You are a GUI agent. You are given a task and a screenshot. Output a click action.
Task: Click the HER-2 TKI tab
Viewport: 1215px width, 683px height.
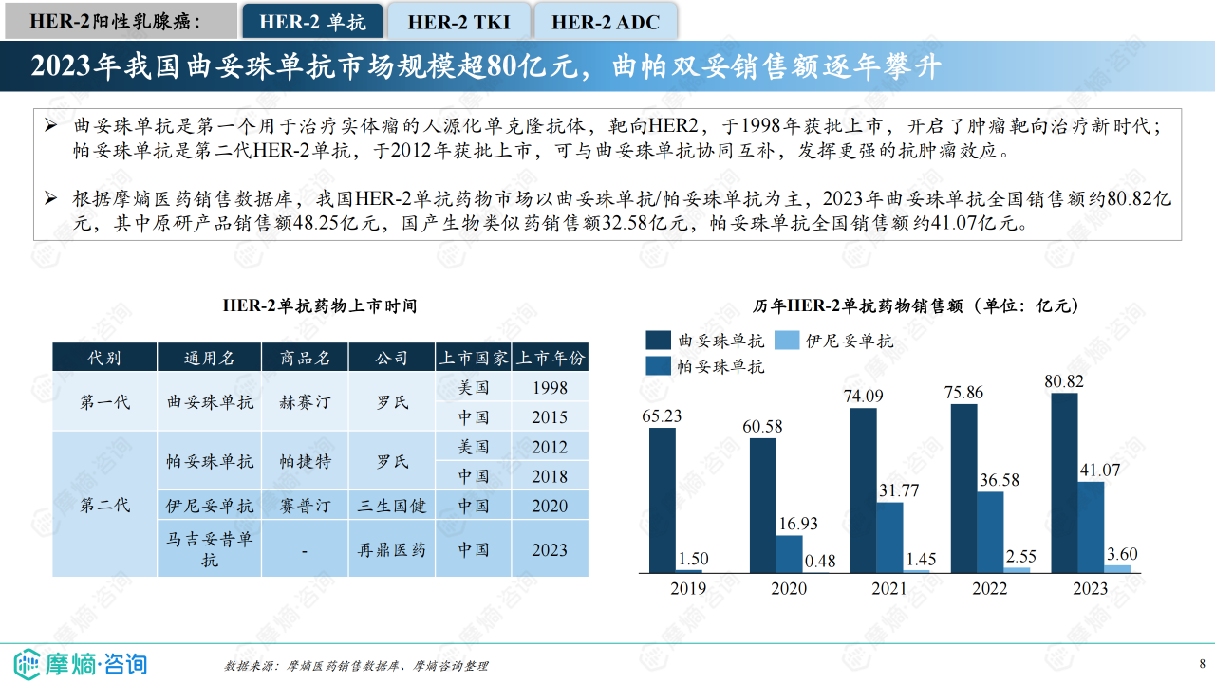[458, 21]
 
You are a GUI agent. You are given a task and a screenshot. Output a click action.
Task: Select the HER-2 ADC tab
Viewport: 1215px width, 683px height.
[606, 21]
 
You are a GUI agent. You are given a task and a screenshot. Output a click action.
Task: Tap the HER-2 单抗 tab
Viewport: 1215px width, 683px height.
[313, 21]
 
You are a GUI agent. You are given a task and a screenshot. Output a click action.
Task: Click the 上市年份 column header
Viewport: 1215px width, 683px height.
[551, 358]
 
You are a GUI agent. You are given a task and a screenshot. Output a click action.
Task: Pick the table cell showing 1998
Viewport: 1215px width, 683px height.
[551, 387]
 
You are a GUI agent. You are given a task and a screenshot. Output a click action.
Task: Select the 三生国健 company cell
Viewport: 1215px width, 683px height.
[392, 506]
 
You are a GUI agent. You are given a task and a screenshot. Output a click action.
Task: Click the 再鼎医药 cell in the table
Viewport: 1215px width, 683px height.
[392, 549]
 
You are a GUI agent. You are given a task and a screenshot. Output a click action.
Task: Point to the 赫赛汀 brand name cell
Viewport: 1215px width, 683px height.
[305, 402]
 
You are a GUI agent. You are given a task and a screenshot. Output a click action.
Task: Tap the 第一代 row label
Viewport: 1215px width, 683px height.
[104, 402]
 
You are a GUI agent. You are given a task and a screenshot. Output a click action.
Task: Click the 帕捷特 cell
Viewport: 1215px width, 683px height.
[305, 461]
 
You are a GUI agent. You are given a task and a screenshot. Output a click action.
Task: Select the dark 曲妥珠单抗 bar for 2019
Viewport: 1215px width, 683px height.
[663, 500]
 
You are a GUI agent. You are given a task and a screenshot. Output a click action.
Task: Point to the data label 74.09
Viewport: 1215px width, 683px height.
[863, 397]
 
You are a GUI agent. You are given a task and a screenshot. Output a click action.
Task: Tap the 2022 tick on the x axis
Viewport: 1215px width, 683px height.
[989, 589]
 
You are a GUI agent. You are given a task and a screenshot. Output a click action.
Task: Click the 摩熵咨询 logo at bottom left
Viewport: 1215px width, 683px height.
[81, 663]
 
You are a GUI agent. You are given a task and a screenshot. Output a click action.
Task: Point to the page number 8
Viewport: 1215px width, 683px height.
[1202, 663]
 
